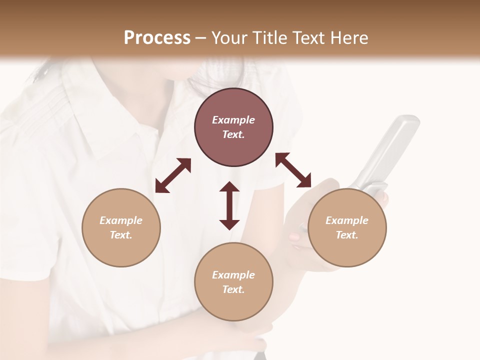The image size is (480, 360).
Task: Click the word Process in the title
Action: coord(157,38)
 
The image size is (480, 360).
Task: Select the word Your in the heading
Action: coord(228,38)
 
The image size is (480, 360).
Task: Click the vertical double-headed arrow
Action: coord(229,205)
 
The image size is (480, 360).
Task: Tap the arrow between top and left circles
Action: coord(173,175)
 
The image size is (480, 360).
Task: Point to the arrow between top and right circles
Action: coord(293,170)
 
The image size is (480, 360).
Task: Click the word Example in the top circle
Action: coord(233,120)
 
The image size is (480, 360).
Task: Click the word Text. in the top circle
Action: coord(233,134)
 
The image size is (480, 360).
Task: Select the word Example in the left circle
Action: coord(121,220)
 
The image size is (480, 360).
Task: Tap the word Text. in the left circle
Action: coord(121,235)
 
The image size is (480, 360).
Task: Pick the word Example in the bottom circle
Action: coord(233,275)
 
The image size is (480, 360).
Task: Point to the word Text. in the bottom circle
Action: coord(233,289)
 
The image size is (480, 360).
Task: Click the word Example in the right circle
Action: coord(347,220)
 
